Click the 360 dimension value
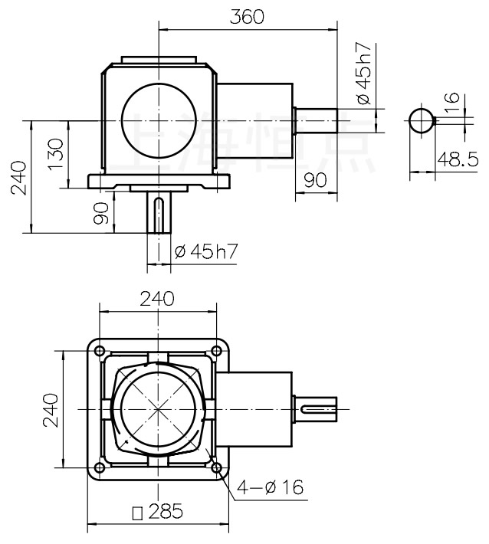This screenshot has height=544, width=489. click(x=247, y=17)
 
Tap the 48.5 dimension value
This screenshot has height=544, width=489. click(x=457, y=159)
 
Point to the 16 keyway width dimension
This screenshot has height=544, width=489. click(x=452, y=103)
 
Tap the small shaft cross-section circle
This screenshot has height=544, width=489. click(x=421, y=121)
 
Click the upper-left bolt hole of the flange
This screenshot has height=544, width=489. click(x=100, y=351)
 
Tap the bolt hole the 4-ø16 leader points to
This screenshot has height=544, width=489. click(x=217, y=467)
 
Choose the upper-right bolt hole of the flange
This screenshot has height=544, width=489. click(x=217, y=351)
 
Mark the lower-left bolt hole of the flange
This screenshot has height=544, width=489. click(x=100, y=467)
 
